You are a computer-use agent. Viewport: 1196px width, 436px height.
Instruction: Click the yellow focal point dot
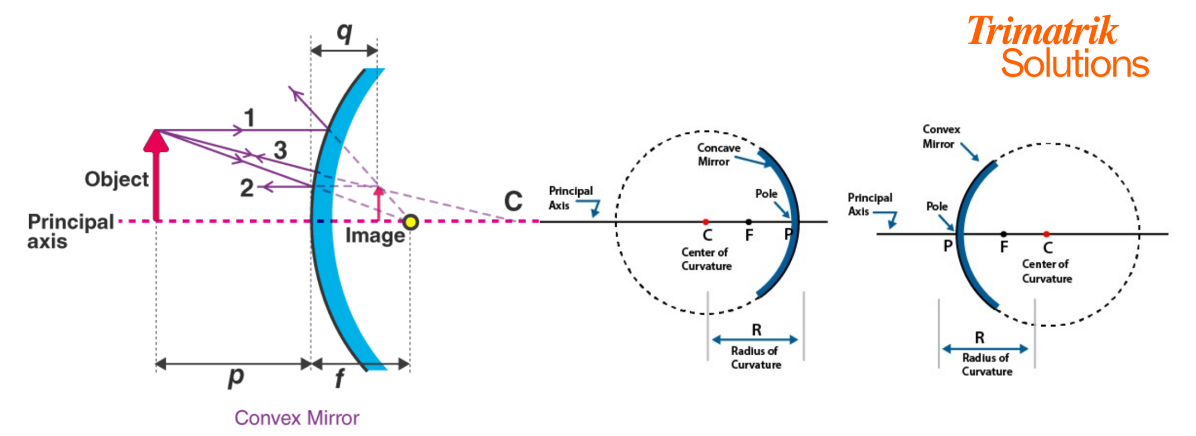click(x=411, y=222)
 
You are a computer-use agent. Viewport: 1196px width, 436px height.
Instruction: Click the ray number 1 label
click(x=249, y=118)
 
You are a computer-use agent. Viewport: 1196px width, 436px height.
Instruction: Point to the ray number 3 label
click(x=280, y=150)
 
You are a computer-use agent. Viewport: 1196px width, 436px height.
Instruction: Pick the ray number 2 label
click(x=246, y=188)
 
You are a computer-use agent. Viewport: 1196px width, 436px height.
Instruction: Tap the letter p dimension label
click(x=235, y=377)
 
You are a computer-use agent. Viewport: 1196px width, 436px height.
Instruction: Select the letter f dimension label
click(x=339, y=379)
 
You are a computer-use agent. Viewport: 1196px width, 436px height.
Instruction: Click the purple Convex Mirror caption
click(x=297, y=418)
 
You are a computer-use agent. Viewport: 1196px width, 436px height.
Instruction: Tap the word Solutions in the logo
click(x=1075, y=64)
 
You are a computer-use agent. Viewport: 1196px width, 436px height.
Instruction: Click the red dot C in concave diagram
click(x=705, y=222)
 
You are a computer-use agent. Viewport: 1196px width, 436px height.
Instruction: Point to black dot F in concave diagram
click(x=749, y=222)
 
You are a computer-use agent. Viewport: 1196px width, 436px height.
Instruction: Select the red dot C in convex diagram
click(x=1046, y=234)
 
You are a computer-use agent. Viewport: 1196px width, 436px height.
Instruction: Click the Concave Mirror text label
click(x=718, y=155)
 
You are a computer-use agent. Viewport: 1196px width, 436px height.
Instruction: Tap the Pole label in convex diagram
click(x=937, y=206)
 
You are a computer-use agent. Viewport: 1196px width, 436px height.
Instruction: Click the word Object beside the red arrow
click(x=117, y=179)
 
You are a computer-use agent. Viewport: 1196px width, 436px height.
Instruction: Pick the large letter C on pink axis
click(x=513, y=202)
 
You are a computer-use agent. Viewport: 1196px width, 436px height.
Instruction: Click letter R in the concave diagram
click(x=756, y=330)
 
